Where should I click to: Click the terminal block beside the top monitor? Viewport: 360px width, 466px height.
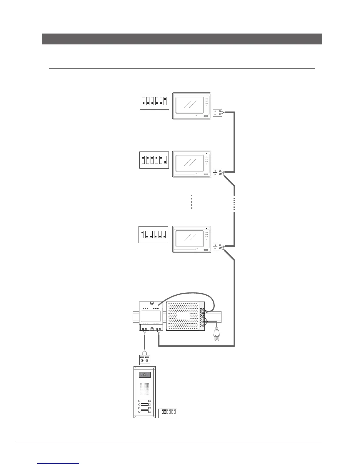[x=218, y=113]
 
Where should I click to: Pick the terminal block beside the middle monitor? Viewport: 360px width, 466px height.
[x=218, y=172]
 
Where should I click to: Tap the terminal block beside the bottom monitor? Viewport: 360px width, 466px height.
[x=218, y=247]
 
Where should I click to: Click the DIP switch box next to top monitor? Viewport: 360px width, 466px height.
[x=154, y=101]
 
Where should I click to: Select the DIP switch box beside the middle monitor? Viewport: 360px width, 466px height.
[x=154, y=160]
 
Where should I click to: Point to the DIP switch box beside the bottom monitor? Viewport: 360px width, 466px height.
[x=153, y=234]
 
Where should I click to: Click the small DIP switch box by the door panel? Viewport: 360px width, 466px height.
[x=167, y=413]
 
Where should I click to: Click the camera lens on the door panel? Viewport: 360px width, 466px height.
[x=145, y=375]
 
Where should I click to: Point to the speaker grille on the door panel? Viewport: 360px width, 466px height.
[x=144, y=389]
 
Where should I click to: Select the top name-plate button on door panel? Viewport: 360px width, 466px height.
[x=144, y=401]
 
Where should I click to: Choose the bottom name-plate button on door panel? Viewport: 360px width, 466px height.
[x=144, y=412]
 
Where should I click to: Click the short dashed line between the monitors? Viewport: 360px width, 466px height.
[x=191, y=202]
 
